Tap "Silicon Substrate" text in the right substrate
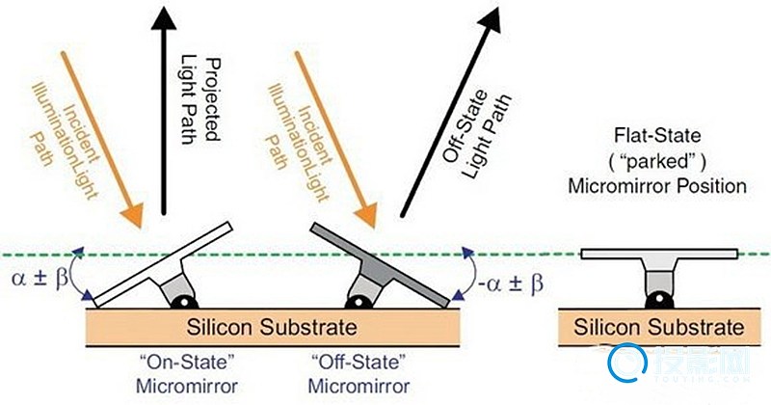pos(661,327)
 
